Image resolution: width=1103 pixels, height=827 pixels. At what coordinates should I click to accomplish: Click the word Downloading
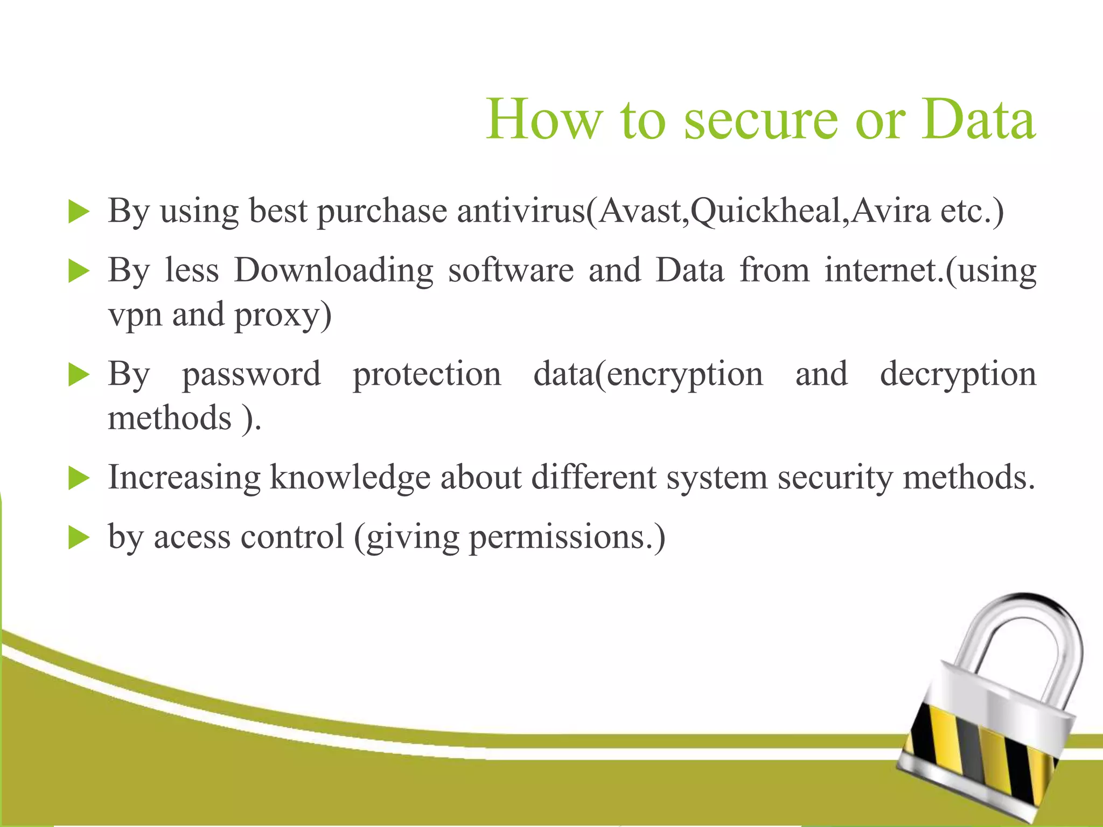tap(333, 270)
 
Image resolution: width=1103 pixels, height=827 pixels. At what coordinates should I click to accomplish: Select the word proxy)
tap(283, 316)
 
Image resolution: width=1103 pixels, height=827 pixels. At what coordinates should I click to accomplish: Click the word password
tap(251, 375)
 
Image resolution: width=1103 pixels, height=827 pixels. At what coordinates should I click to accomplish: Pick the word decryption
tap(958, 375)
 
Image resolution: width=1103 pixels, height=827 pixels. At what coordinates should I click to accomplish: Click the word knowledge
tap(350, 478)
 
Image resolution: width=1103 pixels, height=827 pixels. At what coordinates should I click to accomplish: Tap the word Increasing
tap(184, 478)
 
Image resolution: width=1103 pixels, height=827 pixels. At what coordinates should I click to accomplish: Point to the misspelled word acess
tap(192, 537)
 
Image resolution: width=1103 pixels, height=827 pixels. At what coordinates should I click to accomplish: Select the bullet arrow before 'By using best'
tap(79, 212)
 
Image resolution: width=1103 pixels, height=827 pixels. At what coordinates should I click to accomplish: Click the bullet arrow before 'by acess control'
tap(79, 537)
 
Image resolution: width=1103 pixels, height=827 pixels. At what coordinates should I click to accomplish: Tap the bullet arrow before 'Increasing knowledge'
tap(79, 478)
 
